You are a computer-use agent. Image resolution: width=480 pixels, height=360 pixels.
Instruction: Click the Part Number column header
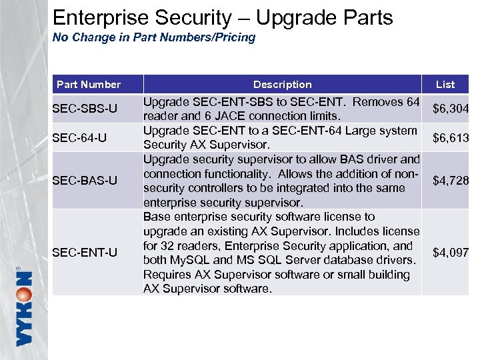[89, 85]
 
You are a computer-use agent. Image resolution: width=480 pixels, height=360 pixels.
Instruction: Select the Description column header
[282, 85]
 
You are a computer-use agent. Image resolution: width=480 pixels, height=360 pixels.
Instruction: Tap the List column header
[445, 85]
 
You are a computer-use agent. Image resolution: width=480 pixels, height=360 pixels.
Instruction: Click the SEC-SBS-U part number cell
[85, 109]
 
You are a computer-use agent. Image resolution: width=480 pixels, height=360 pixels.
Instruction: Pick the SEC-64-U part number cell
[81, 138]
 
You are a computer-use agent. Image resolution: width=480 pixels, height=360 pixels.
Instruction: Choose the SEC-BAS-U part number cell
[85, 181]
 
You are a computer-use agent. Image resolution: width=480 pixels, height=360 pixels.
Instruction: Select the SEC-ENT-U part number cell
[85, 252]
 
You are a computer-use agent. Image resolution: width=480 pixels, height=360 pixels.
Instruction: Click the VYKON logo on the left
[23, 307]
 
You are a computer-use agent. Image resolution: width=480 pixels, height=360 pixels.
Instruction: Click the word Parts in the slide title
[367, 18]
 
